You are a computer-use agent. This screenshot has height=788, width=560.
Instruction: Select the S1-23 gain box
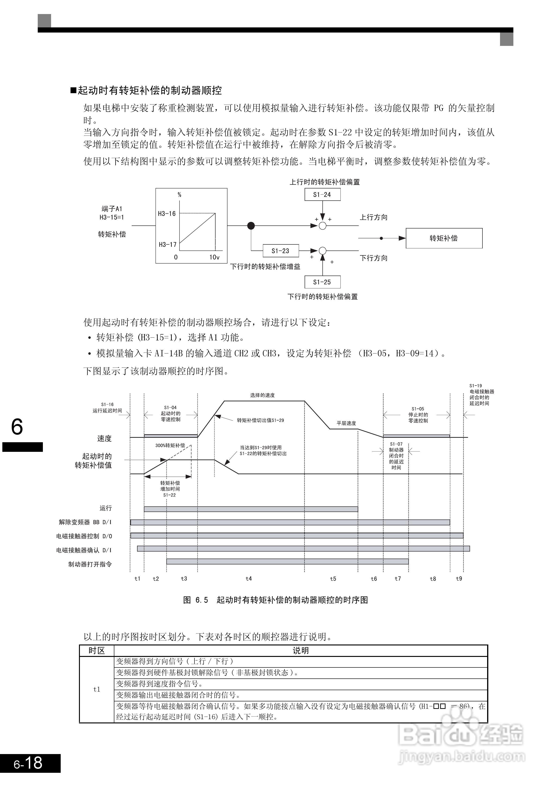coord(280,251)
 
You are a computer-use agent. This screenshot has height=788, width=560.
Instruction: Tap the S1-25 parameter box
coord(322,282)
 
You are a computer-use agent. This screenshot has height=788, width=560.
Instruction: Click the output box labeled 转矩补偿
coord(444,238)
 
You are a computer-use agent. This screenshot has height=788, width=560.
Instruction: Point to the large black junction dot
coord(251,226)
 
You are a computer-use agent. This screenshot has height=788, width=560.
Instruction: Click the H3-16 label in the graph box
coord(167,214)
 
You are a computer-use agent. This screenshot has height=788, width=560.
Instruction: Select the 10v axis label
coord(214,257)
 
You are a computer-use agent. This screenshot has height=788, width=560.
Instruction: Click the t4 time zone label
coord(249,578)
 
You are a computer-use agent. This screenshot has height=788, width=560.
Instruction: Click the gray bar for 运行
coord(251,509)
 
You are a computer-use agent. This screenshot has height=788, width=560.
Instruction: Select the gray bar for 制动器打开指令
coord(287,561)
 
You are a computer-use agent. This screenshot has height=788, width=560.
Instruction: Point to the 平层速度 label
coord(346,423)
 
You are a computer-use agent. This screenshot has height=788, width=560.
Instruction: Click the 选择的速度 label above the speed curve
coord(262,395)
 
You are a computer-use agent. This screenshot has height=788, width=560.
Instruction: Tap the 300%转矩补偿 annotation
coord(170,445)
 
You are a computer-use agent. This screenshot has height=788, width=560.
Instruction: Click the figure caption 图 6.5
coord(195,600)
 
